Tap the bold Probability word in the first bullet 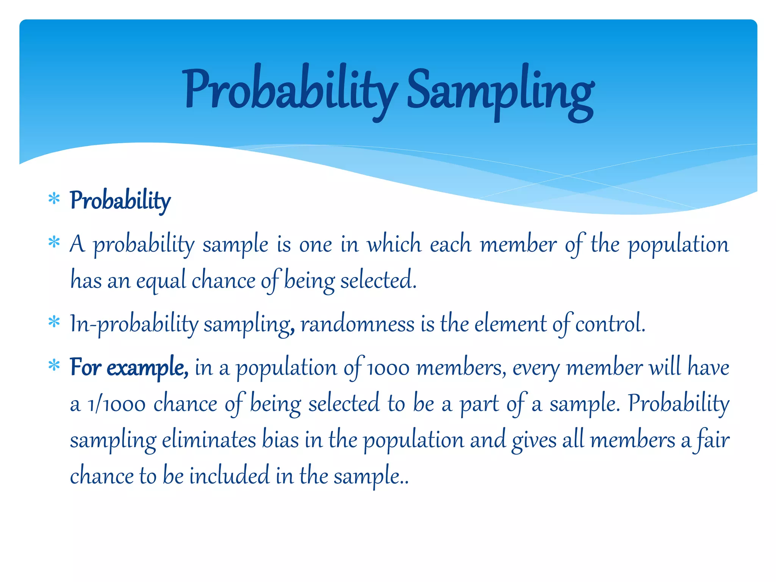tap(120, 200)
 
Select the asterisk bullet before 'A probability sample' tap(54, 242)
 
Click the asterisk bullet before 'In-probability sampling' tap(54, 322)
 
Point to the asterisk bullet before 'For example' tap(54, 366)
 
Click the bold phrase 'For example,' tap(129, 368)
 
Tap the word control tap(610, 324)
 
